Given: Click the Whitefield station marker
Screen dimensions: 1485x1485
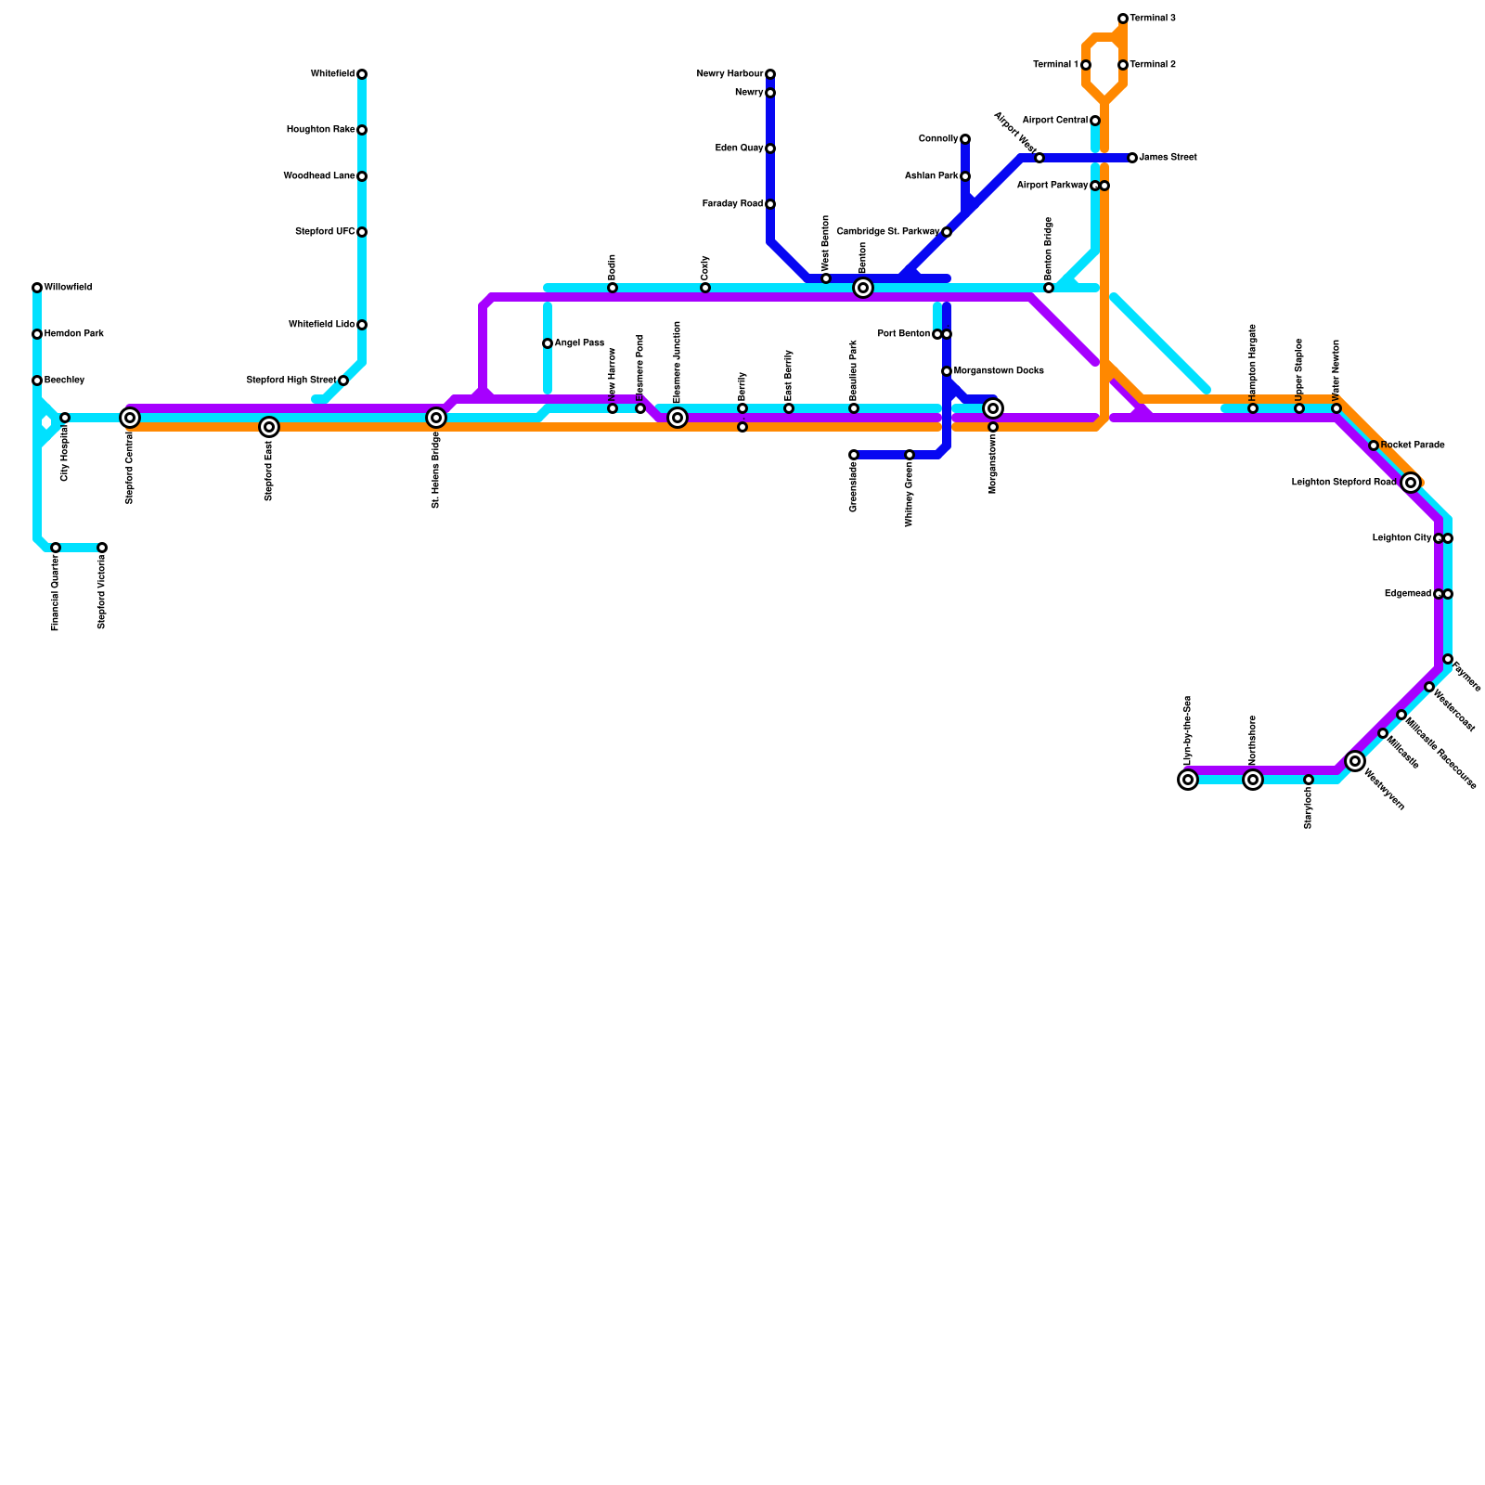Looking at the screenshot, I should [x=362, y=74].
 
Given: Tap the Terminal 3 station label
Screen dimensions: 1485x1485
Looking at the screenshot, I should [x=1153, y=19].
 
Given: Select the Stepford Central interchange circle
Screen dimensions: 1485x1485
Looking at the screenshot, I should [x=130, y=418].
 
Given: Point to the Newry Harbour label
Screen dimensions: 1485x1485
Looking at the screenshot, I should [x=730, y=74].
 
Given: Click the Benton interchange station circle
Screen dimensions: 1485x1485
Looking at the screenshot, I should [x=863, y=288].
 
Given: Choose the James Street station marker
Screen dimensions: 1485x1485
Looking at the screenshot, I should [x=1132, y=158].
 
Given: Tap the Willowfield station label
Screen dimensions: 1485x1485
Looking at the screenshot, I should [x=68, y=288].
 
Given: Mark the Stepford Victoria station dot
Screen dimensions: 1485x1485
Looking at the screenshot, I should [x=102, y=548].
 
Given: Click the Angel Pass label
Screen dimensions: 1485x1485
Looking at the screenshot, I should [x=579, y=343].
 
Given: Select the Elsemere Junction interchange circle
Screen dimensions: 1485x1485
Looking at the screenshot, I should [x=678, y=418].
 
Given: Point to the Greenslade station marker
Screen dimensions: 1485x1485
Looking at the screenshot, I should [x=854, y=455].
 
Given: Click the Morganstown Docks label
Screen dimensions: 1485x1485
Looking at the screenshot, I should [x=999, y=371].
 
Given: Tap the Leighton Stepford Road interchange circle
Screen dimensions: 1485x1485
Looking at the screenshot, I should [x=1411, y=483].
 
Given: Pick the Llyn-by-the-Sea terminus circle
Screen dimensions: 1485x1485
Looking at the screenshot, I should [x=1188, y=780].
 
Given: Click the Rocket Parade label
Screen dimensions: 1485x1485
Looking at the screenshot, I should [x=1413, y=445].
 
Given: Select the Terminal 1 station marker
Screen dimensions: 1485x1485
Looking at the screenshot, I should [x=1086, y=65].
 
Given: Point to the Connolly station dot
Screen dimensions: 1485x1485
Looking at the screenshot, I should [x=965, y=139].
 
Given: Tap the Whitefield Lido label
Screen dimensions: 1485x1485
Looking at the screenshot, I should [x=321, y=325].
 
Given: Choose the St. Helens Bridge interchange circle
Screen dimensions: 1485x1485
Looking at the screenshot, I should [x=436, y=418].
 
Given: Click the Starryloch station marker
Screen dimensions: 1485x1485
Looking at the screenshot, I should [x=1309, y=780].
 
